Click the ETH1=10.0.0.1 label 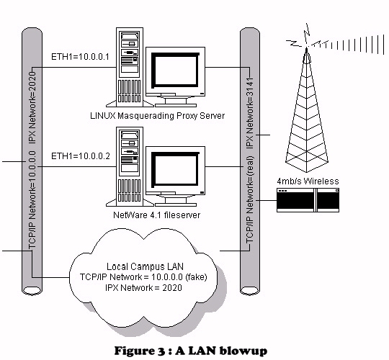pos(80,57)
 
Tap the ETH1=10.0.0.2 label pos(81,156)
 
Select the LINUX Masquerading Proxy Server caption pos(157,116)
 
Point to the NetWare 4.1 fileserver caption pos(156,215)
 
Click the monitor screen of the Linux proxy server pos(175,70)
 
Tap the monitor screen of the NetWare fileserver pos(175,169)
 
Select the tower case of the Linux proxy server pos(130,67)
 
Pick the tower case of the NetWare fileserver pos(130,166)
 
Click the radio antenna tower pos(307,109)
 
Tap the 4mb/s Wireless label pos(308,181)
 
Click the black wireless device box pos(308,200)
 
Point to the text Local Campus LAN pos(145,267)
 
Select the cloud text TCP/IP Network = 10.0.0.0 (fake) pos(143,277)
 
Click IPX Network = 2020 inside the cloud pos(143,288)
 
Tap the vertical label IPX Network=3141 pos(249,113)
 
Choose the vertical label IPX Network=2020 pos(32,107)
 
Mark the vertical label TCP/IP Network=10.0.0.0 pos(32,200)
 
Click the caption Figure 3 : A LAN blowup pos(191,351)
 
